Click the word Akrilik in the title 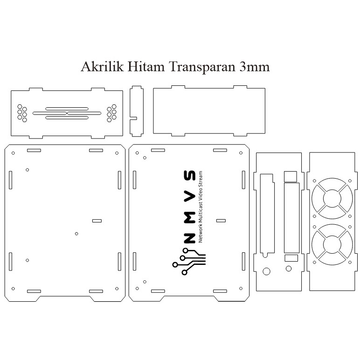pyautogui.click(x=102, y=67)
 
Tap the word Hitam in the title pyautogui.click(x=146, y=67)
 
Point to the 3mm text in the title pyautogui.click(x=255, y=67)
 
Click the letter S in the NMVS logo pyautogui.click(x=190, y=176)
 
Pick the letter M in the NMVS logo pyautogui.click(x=190, y=217)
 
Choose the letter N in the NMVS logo pyautogui.click(x=190, y=238)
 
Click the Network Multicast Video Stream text pyautogui.click(x=201, y=207)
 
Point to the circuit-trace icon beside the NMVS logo pyautogui.click(x=189, y=262)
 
